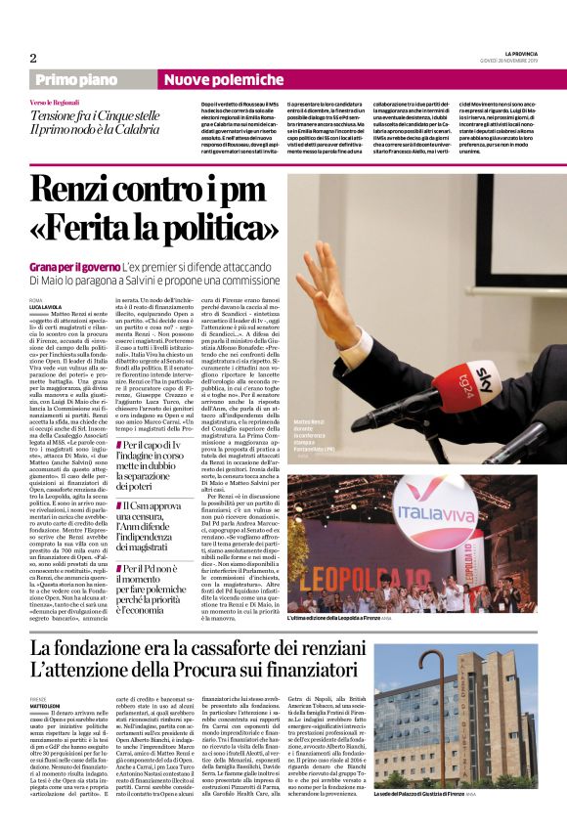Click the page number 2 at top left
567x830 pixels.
(x=33, y=59)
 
